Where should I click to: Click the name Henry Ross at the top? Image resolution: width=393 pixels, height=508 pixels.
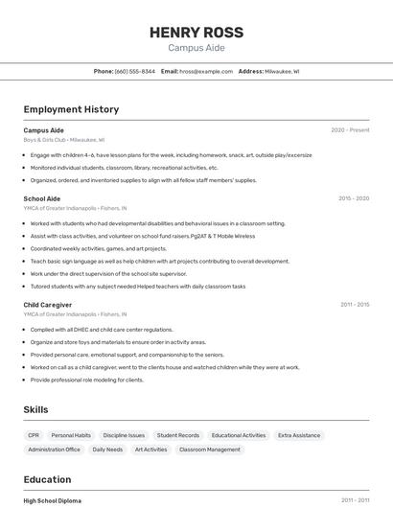click(x=196, y=33)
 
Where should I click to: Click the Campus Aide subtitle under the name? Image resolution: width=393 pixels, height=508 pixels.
click(x=196, y=48)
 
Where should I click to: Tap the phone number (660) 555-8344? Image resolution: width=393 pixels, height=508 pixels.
click(x=135, y=71)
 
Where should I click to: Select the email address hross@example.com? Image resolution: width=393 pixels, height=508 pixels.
click(x=206, y=71)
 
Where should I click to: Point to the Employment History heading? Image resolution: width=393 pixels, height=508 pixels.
click(x=71, y=109)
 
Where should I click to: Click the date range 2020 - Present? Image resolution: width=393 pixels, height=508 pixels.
click(x=350, y=129)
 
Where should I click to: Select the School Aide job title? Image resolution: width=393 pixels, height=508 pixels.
click(x=41, y=198)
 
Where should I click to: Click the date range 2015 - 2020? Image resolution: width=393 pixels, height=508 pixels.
click(x=354, y=198)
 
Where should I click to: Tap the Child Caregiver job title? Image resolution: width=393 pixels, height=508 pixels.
click(x=48, y=305)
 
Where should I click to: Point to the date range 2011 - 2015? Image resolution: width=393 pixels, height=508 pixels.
click(x=355, y=305)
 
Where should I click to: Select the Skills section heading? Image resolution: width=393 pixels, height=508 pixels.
click(x=35, y=409)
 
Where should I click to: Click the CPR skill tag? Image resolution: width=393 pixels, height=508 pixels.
click(x=34, y=435)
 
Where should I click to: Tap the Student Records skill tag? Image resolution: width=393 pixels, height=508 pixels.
click(x=178, y=435)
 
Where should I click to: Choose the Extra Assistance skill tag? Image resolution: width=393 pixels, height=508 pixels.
click(x=299, y=435)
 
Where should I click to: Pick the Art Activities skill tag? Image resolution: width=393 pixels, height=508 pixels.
click(x=150, y=450)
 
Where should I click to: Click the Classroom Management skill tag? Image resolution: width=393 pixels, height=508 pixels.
click(x=210, y=450)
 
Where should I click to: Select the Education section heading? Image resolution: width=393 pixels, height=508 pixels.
click(x=48, y=479)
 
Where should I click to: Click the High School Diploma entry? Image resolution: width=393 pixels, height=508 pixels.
click(x=52, y=500)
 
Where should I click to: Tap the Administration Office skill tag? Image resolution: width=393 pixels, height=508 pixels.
click(x=55, y=450)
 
